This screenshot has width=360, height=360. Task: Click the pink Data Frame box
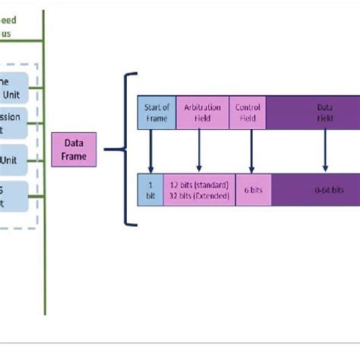[x=74, y=150]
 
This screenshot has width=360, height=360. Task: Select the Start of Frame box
[x=156, y=112]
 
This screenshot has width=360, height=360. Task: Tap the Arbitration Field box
[x=200, y=112]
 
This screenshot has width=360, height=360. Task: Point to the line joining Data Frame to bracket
[x=112, y=150]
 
